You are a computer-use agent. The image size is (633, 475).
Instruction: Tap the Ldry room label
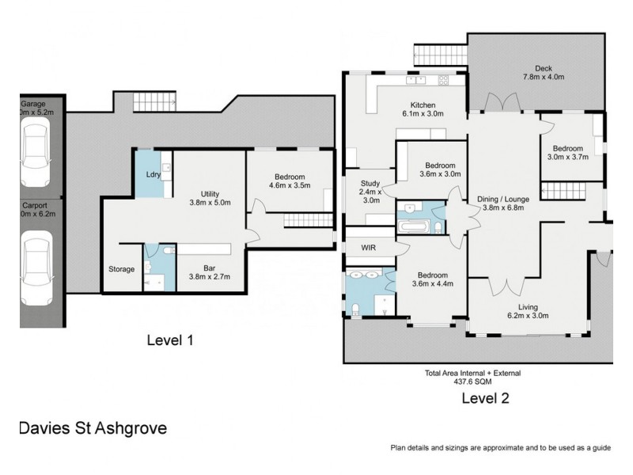coord(154,175)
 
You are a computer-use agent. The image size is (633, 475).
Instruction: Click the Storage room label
coord(122,269)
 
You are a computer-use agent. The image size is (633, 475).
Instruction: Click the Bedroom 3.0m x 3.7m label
coord(567,153)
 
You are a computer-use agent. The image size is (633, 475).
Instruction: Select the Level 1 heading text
coord(170,340)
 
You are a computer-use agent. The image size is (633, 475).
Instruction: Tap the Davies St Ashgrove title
coord(92,428)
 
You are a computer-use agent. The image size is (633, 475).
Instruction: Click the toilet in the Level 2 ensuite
coord(357,308)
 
